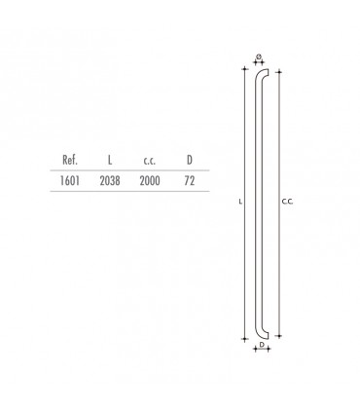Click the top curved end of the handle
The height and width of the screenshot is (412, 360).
[261, 74]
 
